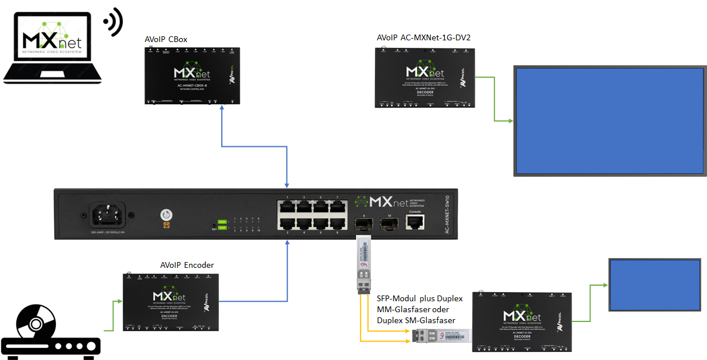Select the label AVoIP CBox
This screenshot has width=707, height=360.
tap(166, 39)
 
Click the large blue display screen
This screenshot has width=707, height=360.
tap(610, 121)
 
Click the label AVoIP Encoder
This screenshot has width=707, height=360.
tap(187, 265)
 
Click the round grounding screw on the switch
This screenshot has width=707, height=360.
tap(167, 216)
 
